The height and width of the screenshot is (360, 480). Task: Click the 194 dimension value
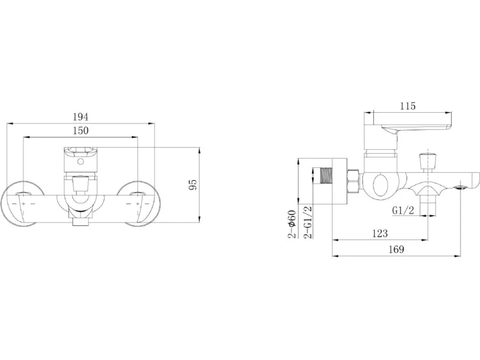81,117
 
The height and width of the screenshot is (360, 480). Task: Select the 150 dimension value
81,131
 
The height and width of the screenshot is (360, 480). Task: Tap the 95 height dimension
193,184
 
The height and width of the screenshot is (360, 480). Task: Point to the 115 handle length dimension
408,106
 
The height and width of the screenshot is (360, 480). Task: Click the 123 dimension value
380,233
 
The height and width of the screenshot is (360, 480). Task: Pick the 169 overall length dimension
396,249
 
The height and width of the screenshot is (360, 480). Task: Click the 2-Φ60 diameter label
292,224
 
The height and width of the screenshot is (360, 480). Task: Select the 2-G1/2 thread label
307,223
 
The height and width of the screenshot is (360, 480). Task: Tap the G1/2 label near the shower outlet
403,211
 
